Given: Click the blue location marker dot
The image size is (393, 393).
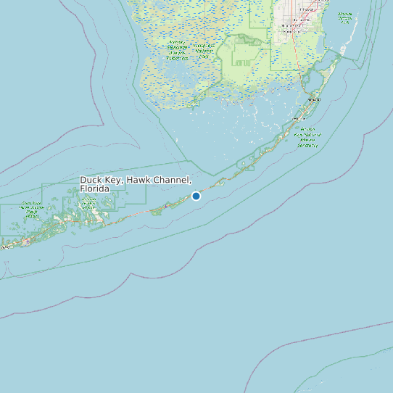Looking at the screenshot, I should coord(196,196).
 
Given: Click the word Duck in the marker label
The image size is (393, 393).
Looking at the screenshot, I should coord(91,180).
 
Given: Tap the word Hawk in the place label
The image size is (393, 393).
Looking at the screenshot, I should coord(138,180).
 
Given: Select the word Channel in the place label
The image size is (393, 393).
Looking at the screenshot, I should coord(171,180).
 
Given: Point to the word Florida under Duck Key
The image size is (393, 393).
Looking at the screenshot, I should coord(94,189).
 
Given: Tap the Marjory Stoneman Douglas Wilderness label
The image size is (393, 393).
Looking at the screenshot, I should coord(177,50).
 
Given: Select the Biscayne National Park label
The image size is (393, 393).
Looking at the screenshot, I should coord(344,17).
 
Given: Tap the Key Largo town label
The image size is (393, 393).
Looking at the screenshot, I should coord(314,99).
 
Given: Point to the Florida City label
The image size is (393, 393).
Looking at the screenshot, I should coord(292,33).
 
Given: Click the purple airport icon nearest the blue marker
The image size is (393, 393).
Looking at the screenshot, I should coord(166,207).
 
